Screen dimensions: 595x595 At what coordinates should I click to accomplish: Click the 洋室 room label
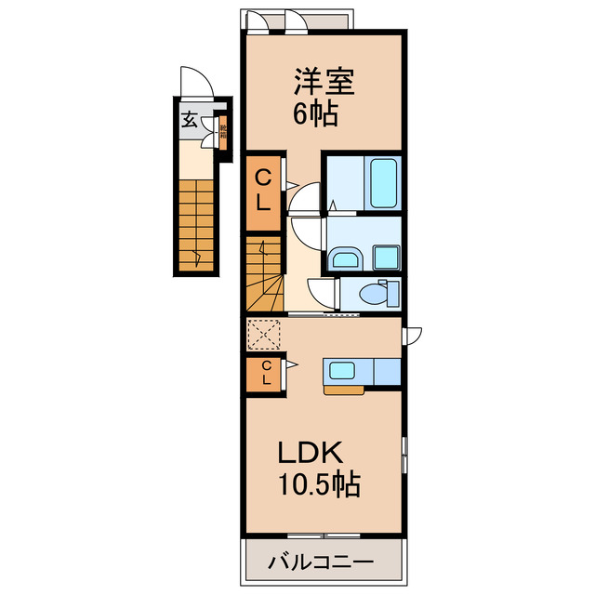pos(325,83)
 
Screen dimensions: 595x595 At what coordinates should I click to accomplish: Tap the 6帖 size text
pos(316,114)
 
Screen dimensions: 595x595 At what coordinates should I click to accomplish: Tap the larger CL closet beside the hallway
pos(264,191)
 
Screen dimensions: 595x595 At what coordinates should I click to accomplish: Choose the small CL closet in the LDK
pos(265,373)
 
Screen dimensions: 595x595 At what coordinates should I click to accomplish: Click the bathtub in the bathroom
pos(383,182)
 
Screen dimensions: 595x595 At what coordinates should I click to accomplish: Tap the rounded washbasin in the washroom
pos(346,258)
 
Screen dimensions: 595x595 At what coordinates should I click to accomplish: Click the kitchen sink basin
pos(340,371)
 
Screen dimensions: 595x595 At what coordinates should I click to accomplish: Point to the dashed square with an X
pos(264,333)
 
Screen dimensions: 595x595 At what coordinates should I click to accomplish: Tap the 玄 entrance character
pos(189,119)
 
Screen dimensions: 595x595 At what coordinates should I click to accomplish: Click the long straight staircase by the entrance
pos(196,223)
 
